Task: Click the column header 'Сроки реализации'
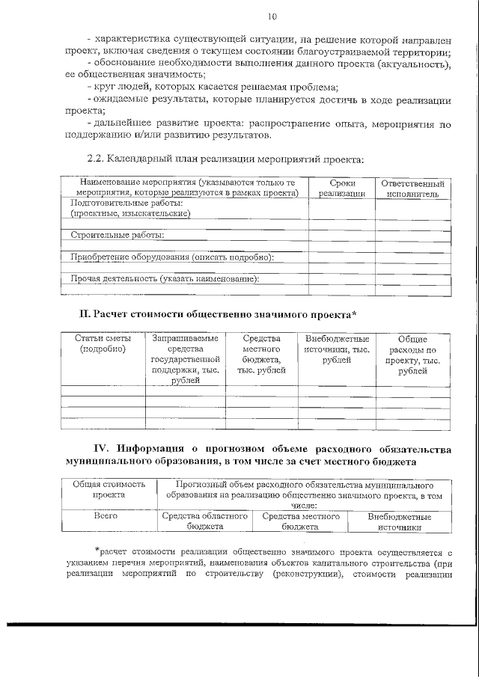point(341,188)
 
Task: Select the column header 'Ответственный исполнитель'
point(412,188)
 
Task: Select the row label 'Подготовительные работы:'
point(126,203)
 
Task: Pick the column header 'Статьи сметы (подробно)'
point(103,343)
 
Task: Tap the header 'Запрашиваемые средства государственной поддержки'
point(185,359)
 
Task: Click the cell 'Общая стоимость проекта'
point(109,489)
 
